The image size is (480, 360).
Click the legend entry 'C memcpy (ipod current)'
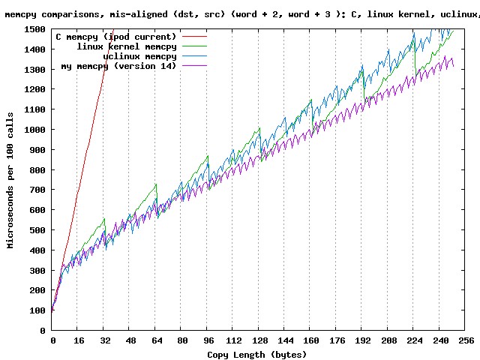[x=116, y=37]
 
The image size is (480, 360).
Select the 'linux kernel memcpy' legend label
[x=127, y=46]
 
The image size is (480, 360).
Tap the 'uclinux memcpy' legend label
[x=139, y=56]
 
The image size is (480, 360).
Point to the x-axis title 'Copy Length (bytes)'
[x=257, y=354]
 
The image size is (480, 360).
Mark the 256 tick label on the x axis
[x=465, y=340]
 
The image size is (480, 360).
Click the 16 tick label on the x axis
[x=78, y=340]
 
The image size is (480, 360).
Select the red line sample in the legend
[x=193, y=37]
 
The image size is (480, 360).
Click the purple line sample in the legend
[x=193, y=66]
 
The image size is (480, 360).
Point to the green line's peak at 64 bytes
[x=155, y=184]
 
